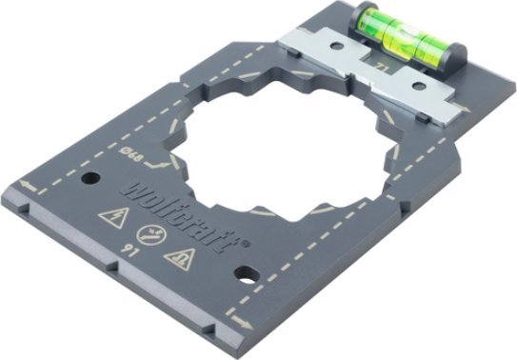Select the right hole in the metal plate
pyautogui.click(x=419, y=89)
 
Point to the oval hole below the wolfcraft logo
pyautogui.click(x=246, y=275)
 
